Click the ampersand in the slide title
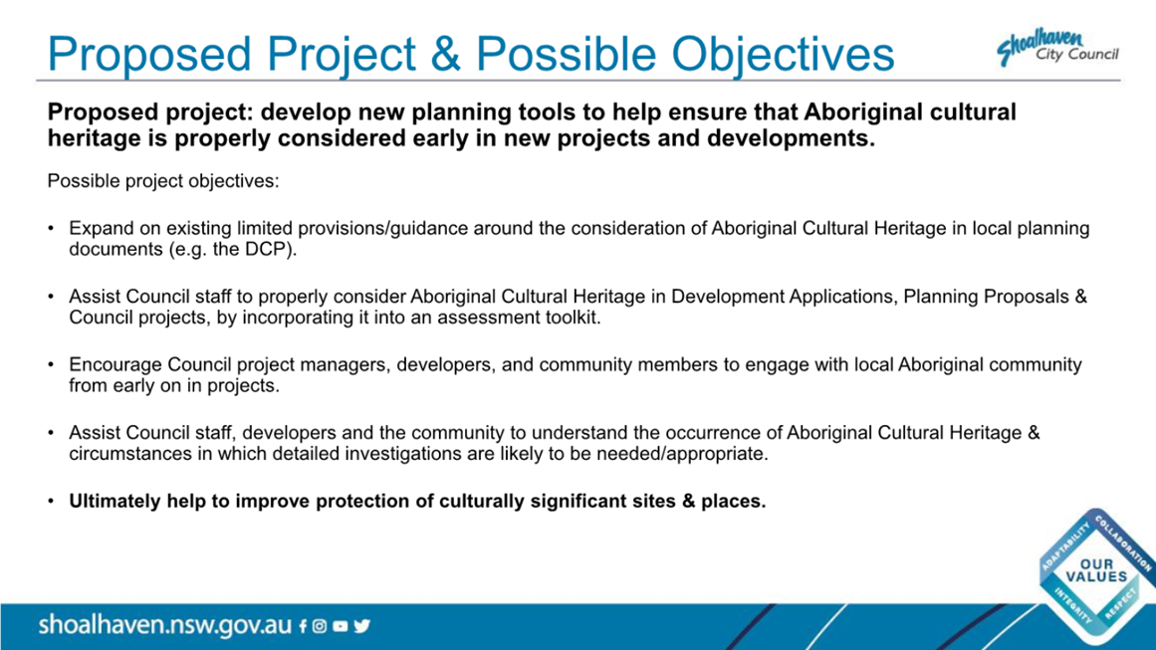(x=445, y=54)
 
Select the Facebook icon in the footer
(x=303, y=626)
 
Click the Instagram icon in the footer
(x=320, y=626)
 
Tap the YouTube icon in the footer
(x=340, y=626)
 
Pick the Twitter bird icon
(x=362, y=626)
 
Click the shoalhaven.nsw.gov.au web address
(x=165, y=625)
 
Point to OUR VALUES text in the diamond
(x=1096, y=570)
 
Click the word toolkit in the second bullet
(x=573, y=318)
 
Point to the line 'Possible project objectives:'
(x=163, y=181)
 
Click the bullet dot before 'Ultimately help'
(x=51, y=501)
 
